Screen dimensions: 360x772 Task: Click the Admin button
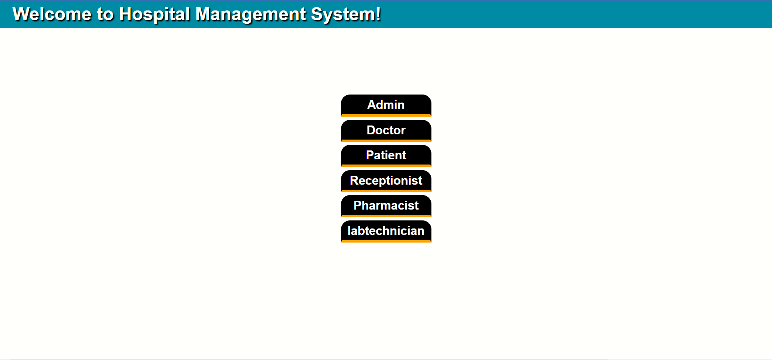pos(386,105)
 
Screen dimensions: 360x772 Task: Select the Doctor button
pos(386,130)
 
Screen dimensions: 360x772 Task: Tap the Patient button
pos(386,155)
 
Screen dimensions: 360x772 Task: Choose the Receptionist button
pos(386,180)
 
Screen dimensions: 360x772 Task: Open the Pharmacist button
pos(386,205)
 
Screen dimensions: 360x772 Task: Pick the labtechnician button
pos(386,230)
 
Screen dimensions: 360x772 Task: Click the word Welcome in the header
pos(52,14)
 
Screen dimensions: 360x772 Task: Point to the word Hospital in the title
pos(154,14)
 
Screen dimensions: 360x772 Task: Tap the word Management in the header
pos(250,14)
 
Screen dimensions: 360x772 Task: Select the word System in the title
pos(343,14)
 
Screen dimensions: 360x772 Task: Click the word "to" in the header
pos(105,14)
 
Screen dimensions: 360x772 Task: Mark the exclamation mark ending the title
pos(378,14)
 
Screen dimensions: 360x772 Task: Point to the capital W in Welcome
pos(21,14)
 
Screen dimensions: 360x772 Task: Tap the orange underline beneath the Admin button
pos(386,115)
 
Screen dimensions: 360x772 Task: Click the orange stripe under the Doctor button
pos(386,141)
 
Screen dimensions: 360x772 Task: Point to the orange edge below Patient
pos(386,166)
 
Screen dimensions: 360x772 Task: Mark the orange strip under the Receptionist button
pos(386,191)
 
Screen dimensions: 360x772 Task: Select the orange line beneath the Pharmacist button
pos(386,216)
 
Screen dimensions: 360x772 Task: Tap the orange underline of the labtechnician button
pos(386,241)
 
